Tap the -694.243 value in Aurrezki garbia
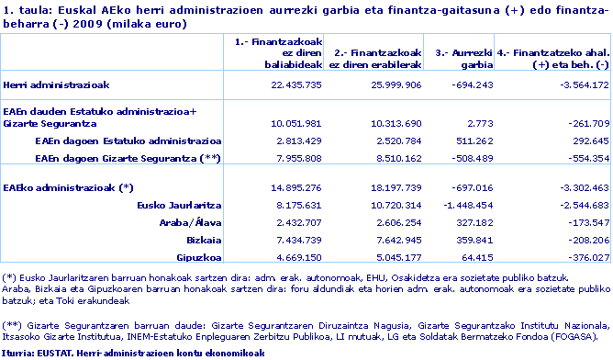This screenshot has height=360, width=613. coord(468,84)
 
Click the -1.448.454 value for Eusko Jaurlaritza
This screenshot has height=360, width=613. coord(464,206)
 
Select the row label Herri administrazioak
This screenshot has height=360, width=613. coord(57,84)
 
